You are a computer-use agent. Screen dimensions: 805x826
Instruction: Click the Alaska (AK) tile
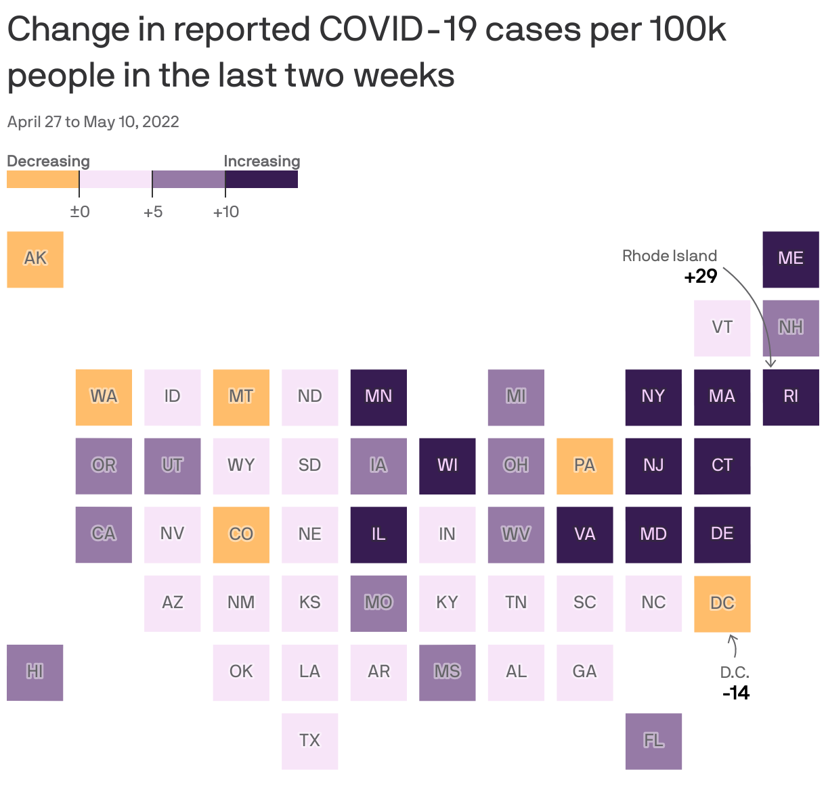click(35, 259)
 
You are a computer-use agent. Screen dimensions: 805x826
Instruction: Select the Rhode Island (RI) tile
click(791, 397)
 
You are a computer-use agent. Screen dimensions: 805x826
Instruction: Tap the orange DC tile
click(722, 603)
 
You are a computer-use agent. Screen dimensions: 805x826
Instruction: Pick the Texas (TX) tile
click(309, 741)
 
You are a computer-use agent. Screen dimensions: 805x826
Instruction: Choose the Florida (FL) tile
click(653, 741)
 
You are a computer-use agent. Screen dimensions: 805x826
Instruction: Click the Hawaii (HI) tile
click(35, 672)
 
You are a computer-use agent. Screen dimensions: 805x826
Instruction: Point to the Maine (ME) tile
click(791, 259)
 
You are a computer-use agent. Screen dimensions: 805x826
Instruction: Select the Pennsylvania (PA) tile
click(584, 465)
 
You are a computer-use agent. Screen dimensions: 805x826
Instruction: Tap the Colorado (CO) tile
click(241, 534)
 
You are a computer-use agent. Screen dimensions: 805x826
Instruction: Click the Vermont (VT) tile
click(722, 328)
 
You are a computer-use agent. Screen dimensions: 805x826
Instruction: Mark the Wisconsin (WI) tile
click(447, 465)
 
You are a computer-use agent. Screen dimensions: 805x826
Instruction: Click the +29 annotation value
click(700, 277)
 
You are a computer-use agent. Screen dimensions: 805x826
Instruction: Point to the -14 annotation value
click(736, 693)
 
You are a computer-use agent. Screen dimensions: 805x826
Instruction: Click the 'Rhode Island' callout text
click(669, 256)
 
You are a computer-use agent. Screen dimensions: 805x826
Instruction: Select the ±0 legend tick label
click(80, 212)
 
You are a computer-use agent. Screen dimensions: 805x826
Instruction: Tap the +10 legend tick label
click(225, 212)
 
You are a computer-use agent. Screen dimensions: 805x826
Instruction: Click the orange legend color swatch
click(43, 179)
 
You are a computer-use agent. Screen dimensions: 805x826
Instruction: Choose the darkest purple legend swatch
click(261, 179)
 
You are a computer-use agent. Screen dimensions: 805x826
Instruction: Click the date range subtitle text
click(93, 122)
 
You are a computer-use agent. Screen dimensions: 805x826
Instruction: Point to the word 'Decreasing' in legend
click(48, 161)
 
